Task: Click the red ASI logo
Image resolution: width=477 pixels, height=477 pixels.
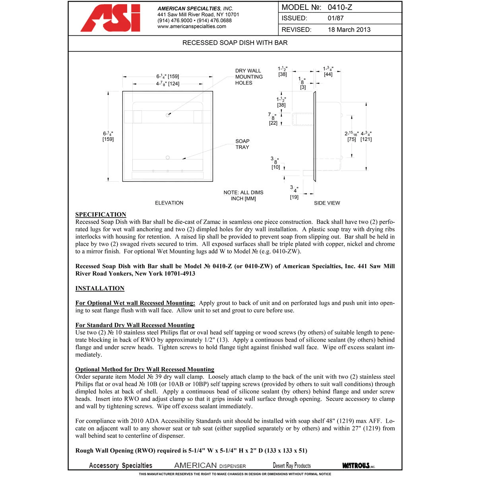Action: (111, 18)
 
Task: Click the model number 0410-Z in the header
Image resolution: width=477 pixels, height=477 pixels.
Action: (340, 7)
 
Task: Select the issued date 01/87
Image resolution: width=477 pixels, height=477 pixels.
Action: (335, 18)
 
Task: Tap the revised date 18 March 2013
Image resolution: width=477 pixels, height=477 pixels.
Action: (349, 30)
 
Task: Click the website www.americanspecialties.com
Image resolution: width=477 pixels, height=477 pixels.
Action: (192, 27)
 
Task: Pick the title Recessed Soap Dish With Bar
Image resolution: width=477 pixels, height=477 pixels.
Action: (235, 43)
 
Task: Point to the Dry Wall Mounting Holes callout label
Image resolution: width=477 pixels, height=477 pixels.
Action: (249, 77)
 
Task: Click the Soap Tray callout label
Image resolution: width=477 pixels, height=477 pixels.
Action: (242, 144)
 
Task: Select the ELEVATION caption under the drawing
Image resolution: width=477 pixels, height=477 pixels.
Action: (169, 203)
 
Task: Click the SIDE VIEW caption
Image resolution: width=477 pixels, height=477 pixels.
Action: (327, 203)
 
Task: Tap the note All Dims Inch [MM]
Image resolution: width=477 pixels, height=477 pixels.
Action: (243, 196)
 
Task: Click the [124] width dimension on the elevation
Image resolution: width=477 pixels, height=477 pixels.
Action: (174, 84)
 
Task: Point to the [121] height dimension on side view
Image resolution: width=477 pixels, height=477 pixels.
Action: (366, 140)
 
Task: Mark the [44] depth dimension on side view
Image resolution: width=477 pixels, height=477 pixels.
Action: (328, 74)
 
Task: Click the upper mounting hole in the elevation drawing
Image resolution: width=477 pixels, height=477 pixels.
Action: (168, 115)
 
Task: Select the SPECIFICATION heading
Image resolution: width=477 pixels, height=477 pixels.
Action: (101, 215)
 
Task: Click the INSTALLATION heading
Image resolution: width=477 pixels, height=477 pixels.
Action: (100, 289)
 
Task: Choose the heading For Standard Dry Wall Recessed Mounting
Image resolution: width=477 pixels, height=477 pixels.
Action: (135, 325)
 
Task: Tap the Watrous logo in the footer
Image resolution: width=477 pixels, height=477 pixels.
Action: (358, 465)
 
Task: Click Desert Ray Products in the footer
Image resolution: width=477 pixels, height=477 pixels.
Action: (292, 465)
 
